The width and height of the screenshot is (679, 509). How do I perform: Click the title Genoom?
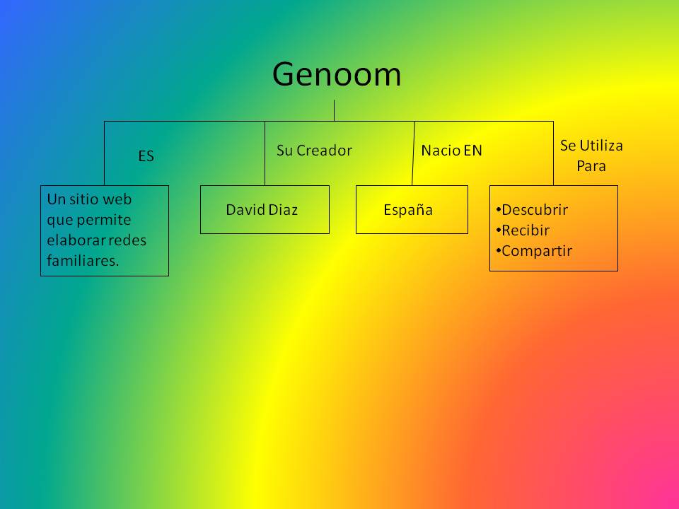[x=337, y=74]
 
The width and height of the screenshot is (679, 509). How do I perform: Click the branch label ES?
[x=146, y=156]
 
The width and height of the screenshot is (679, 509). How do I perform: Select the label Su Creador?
[x=314, y=150]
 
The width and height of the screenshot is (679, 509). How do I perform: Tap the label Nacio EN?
[x=451, y=150]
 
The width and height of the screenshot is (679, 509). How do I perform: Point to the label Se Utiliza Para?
[x=591, y=156]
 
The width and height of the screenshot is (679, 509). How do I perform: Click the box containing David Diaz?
[x=265, y=209]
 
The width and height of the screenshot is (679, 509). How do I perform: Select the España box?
[x=411, y=209]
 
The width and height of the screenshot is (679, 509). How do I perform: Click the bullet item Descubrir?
[x=535, y=209]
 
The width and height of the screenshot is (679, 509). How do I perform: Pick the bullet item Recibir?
[x=526, y=230]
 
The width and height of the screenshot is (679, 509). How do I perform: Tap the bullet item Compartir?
[x=537, y=250]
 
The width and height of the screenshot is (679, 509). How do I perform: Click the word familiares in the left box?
[x=83, y=261]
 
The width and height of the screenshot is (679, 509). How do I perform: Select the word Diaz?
[x=283, y=209]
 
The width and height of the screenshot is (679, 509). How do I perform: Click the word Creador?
[x=324, y=150]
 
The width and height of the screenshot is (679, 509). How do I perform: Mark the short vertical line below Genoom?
[x=334, y=110]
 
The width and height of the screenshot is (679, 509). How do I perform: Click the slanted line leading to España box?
[x=414, y=154]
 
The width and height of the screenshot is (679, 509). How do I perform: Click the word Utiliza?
[x=601, y=146]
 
